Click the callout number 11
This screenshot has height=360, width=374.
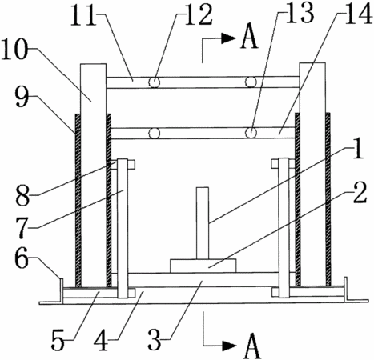coord(83,14)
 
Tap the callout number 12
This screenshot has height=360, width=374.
coord(199,15)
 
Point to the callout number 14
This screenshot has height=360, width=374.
coord(357,14)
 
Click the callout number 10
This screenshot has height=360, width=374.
coord(14,50)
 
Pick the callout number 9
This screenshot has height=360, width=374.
coord(22,97)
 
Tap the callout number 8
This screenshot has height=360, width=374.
coord(22,196)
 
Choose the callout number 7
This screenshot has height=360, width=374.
coord(22,227)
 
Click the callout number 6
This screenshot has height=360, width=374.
coord(22,259)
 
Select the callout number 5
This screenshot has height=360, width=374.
coord(58,340)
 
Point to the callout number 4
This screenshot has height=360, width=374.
coord(101,340)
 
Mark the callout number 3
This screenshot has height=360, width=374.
coord(155,340)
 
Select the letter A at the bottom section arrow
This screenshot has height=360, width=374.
coord(251,346)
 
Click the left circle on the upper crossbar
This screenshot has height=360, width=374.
coord(155,82)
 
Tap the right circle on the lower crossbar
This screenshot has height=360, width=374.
coord(251,133)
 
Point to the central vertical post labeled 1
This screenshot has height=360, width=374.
coord(203,223)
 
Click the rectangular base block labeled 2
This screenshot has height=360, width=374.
coord(203,266)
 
